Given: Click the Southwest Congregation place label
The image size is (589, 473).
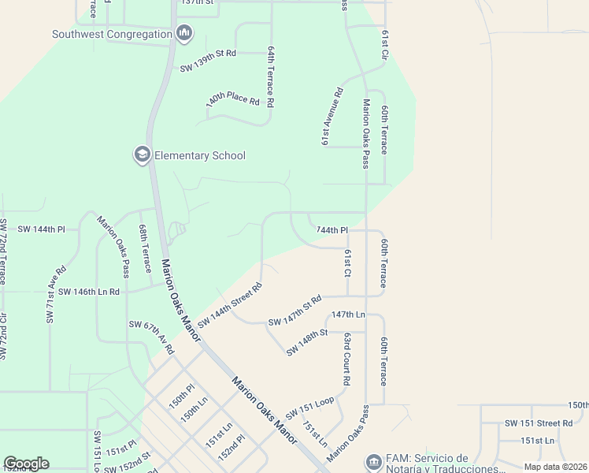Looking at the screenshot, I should coord(112,34).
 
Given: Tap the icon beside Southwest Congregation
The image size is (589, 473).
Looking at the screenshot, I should coord(185,33).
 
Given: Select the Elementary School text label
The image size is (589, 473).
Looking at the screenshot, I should coord(200,155).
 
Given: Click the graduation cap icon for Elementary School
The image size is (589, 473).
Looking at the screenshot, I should coord(143,155).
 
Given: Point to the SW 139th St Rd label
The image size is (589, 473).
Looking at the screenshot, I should coord(208,54).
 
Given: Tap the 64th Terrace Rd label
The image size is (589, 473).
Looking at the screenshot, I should coord(270,76).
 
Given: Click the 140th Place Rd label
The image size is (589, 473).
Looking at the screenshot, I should coord(233,101).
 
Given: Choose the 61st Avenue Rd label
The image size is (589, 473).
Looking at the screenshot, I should coord(333,115).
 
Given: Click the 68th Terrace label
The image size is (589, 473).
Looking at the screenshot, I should coord(145,248).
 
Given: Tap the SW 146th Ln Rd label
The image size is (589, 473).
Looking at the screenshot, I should coord(82,291).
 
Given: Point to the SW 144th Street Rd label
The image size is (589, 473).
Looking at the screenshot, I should coord(229,306).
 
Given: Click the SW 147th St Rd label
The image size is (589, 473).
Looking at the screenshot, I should coord(295,311).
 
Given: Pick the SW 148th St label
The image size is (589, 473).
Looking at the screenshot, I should coord(306,342).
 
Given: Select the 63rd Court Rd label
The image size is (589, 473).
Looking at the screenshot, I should coord(346,359).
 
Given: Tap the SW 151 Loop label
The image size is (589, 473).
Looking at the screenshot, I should coord(310,409).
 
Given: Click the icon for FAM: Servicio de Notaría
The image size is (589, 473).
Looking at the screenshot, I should coord(372,460).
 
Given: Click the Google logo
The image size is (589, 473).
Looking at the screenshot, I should coord(26,464).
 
